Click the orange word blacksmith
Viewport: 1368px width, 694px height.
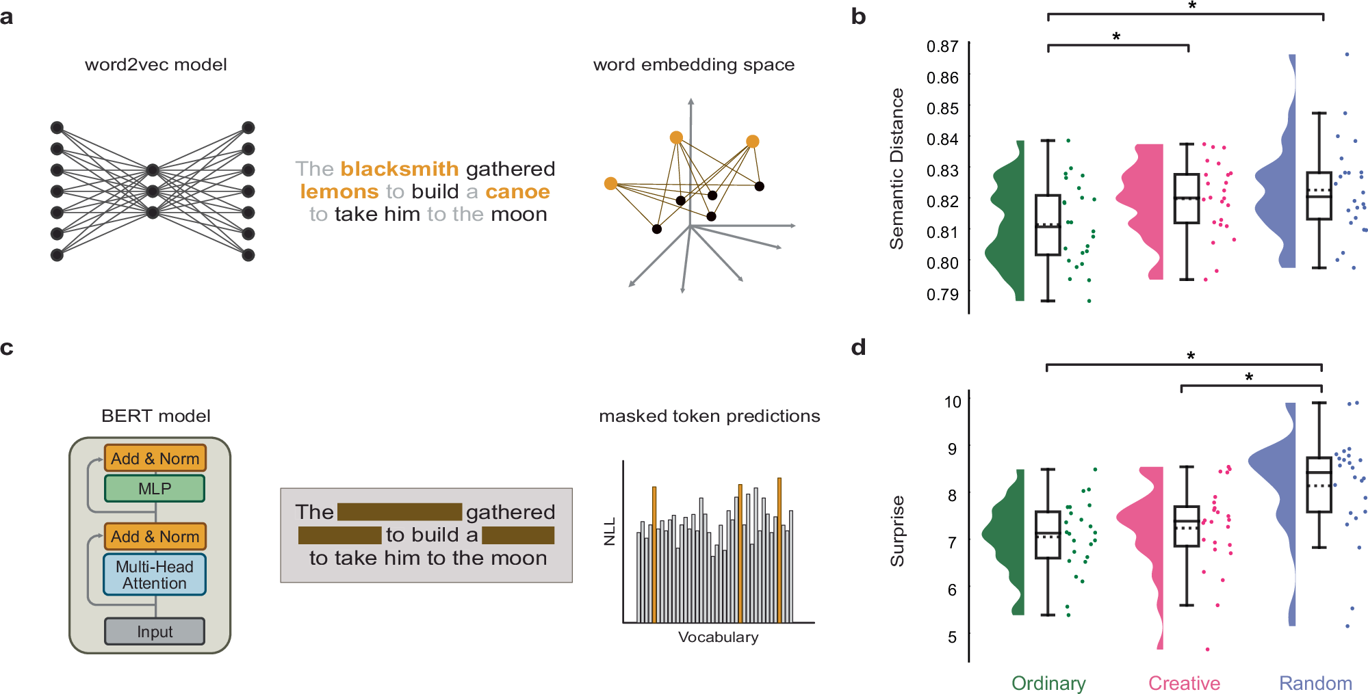click(x=400, y=169)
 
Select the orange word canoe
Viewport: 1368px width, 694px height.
click(x=517, y=191)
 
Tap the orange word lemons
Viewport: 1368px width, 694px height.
click(x=339, y=191)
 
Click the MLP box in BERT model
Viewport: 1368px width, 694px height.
click(x=155, y=489)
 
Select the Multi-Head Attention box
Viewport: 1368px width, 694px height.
click(x=155, y=575)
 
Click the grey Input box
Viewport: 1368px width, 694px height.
click(x=155, y=632)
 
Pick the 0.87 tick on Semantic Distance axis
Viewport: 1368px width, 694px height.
click(x=942, y=46)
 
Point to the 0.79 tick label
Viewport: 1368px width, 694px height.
click(x=942, y=295)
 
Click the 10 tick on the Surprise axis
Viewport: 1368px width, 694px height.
click(x=953, y=402)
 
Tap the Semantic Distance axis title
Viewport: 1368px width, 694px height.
click(x=896, y=169)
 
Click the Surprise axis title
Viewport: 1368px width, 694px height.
click(x=896, y=531)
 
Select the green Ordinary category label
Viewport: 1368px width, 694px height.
click(x=1048, y=683)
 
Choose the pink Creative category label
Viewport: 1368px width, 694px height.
click(x=1184, y=683)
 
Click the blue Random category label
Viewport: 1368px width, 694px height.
click(x=1315, y=683)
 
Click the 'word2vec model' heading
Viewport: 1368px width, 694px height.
click(x=155, y=65)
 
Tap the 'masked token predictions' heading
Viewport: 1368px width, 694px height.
click(x=709, y=416)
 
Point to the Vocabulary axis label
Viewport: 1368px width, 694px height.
click(x=718, y=637)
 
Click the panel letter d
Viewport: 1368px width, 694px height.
click(x=858, y=347)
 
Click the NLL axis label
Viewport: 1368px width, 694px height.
click(x=610, y=531)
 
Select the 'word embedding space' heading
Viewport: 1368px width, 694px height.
click(x=693, y=65)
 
